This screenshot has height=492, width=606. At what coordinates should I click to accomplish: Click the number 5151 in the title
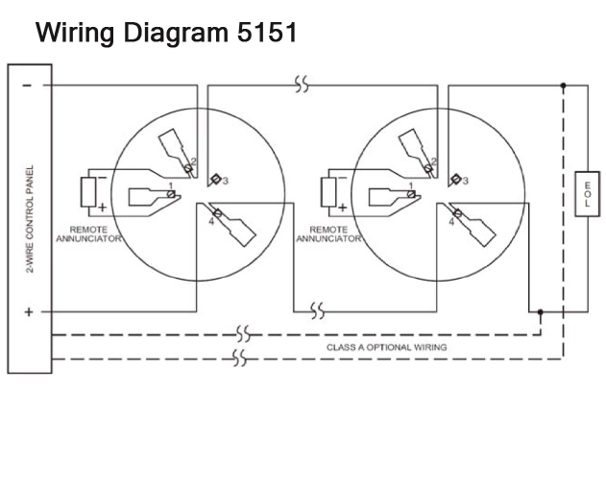267,32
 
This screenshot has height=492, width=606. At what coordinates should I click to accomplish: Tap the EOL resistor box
588,194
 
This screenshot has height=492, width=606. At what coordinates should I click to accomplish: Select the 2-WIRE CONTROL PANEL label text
30,219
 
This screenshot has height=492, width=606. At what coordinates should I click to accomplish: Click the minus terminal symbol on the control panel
27,86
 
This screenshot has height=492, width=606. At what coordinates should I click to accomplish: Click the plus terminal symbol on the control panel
28,311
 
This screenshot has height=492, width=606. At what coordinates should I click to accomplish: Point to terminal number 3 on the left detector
226,181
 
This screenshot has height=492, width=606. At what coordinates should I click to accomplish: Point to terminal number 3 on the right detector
466,181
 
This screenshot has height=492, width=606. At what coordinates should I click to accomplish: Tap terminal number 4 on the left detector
211,222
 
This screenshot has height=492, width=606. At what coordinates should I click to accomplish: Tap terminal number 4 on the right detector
451,222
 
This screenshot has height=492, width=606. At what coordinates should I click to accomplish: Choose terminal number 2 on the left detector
194,161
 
